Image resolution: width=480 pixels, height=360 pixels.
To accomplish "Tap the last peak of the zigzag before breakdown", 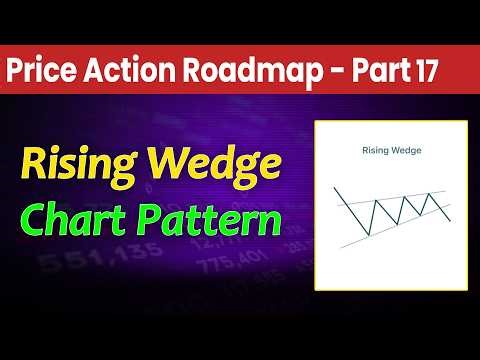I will tap(430, 193).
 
